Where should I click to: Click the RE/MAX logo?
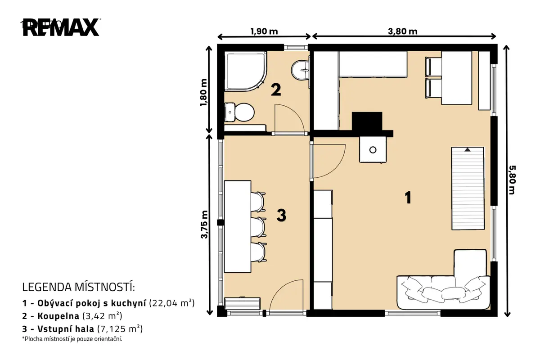click(61, 27)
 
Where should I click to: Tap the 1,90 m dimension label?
click(264, 31)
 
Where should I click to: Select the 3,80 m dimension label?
click(403, 31)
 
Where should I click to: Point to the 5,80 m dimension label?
click(512, 180)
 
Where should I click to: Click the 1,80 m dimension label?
click(203, 92)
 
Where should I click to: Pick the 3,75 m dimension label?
click(204, 225)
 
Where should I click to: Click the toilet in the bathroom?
click(239, 112)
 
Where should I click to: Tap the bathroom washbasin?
click(301, 70)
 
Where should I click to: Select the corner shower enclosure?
click(245, 72)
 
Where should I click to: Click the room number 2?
click(276, 90)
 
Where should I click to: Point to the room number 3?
click(281, 215)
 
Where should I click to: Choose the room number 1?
click(408, 198)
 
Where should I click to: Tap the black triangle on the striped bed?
click(468, 150)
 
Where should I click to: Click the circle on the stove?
click(373, 150)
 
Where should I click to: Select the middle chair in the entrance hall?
click(258, 227)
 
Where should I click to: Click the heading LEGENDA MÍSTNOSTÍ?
click(79, 287)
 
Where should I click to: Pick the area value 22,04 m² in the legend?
click(172, 303)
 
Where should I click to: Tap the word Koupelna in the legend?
click(58, 316)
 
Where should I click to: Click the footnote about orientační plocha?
click(72, 339)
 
